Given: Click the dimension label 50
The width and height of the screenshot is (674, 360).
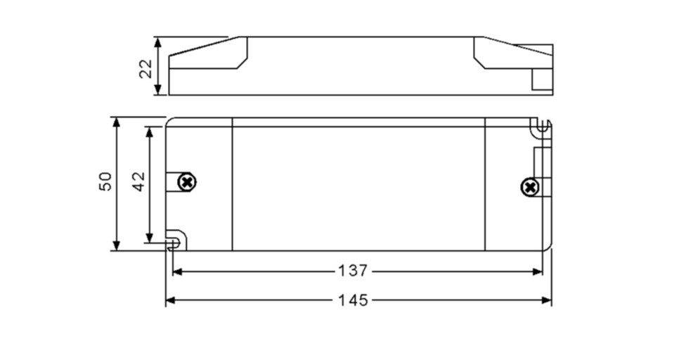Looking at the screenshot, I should [x=105, y=181].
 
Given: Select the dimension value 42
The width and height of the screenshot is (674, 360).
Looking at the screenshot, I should [x=138, y=181].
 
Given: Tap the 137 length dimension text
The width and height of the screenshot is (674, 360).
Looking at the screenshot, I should [x=352, y=271].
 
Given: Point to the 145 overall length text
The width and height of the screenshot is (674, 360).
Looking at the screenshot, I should [x=354, y=300].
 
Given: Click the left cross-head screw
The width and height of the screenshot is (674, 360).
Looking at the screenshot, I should [x=187, y=181].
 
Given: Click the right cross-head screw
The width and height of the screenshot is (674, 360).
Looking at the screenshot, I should [x=529, y=187].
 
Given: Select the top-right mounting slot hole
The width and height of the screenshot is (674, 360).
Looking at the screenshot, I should [x=541, y=127].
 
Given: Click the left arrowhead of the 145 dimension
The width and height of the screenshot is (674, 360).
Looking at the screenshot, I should [x=170, y=300].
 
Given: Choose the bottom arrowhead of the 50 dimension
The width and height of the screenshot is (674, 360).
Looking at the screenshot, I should [x=117, y=245].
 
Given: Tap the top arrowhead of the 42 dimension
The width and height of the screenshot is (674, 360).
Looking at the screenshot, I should [x=149, y=131].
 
